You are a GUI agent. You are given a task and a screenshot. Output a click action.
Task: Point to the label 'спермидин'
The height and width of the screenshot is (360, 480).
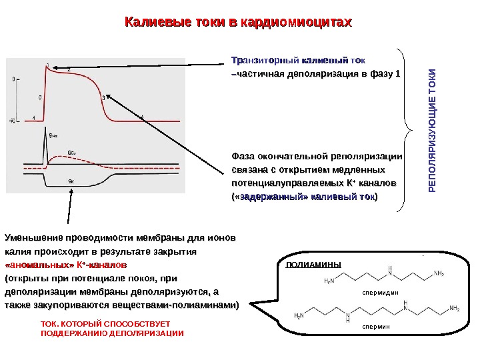click(x=379, y=291)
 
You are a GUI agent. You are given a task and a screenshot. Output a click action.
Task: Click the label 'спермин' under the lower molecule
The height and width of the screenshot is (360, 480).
click(x=378, y=327)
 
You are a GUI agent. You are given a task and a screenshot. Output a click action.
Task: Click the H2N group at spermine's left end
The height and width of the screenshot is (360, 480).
click(x=301, y=314)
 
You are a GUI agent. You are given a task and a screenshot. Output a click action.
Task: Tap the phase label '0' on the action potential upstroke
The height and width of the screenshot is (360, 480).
click(x=39, y=97)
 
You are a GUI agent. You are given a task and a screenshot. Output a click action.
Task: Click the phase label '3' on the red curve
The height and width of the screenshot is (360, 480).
click(x=103, y=97)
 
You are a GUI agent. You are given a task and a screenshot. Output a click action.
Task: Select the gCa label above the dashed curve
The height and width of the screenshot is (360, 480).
click(x=71, y=152)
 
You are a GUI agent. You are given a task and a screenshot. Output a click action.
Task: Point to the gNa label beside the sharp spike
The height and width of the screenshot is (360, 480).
click(x=54, y=135)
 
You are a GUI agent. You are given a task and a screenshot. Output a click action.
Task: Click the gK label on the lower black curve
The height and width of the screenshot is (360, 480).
click(x=71, y=181)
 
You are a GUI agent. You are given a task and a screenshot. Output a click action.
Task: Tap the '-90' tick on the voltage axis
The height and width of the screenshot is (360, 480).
click(x=12, y=121)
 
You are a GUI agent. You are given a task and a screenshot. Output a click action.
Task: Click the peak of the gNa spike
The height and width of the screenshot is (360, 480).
click(x=44, y=127)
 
